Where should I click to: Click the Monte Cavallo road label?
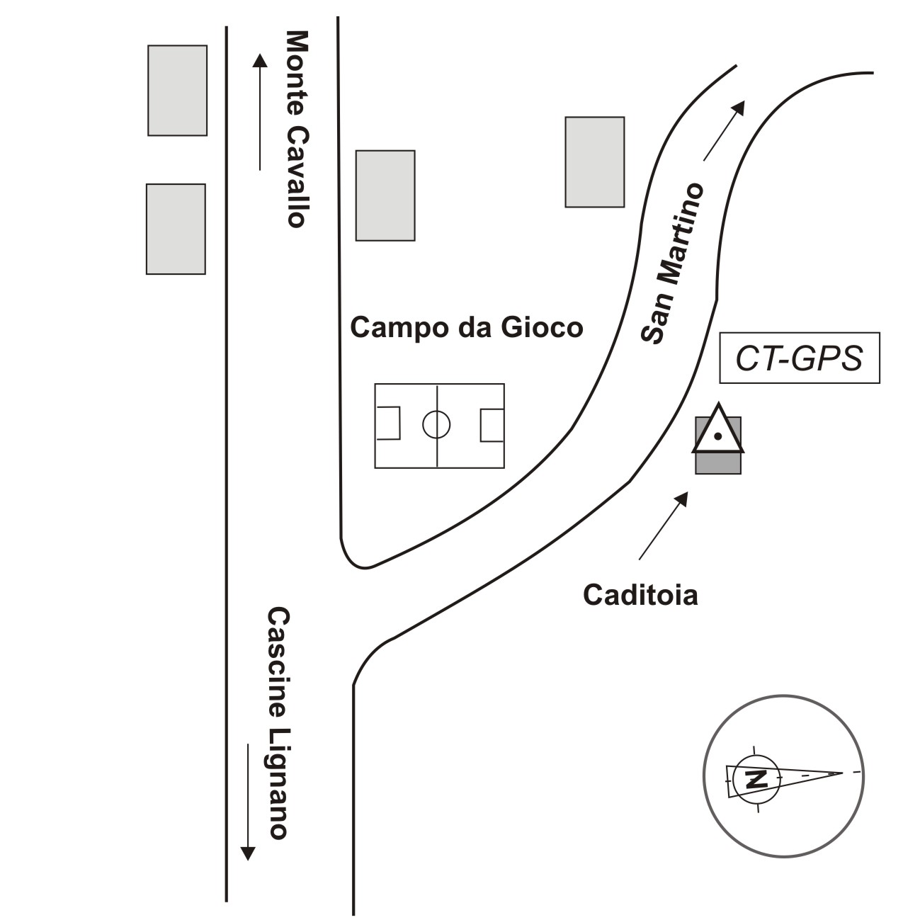pos(295,128)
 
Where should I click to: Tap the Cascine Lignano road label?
pos(278,722)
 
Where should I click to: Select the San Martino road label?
pos(672,263)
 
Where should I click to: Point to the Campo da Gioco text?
pos(467,328)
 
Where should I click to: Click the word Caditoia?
pos(640,595)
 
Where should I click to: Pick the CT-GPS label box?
pos(799,358)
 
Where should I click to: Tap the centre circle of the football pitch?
pos(436,425)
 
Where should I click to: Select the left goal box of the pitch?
pos(388,424)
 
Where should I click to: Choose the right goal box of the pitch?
pos(492,425)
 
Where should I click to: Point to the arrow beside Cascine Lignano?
pos(247,801)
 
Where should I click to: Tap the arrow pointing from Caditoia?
pos(664,525)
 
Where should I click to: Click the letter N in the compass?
pos(756,779)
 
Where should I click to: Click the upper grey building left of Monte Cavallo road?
pos(177,90)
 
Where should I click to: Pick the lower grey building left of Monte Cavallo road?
pos(176,229)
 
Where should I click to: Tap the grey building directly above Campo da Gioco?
pos(385,195)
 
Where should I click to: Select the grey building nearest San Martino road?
pos(594,162)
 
